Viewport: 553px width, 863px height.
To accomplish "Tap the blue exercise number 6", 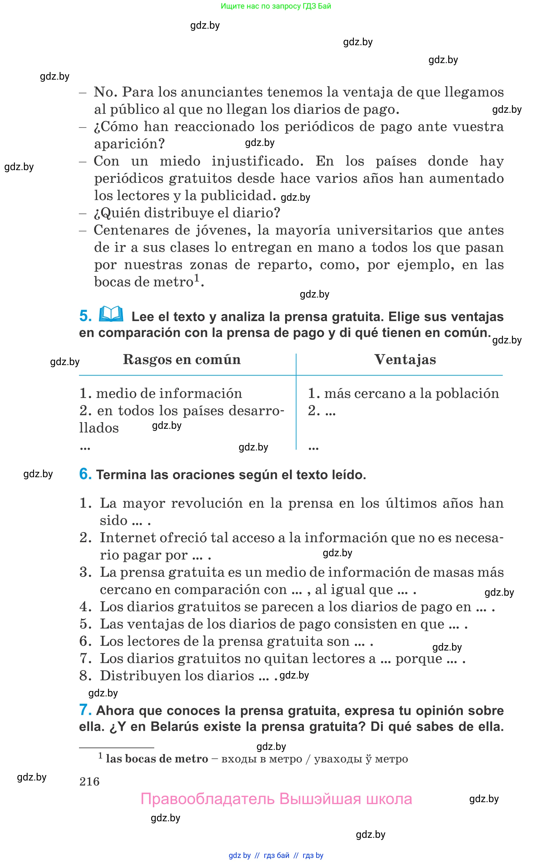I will tap(85, 474).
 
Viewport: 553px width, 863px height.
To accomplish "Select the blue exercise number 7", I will tap(85, 710).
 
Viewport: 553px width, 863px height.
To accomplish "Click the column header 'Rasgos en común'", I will tap(182, 359).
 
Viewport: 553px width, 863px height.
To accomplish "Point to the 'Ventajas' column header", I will tap(405, 359).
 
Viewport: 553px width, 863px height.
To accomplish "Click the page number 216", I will tap(90, 781).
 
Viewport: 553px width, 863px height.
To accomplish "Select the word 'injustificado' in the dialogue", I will tap(257, 161).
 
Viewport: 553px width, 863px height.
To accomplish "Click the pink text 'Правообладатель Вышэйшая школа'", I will tap(276, 799).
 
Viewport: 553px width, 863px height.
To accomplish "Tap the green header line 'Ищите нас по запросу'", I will tap(276, 6).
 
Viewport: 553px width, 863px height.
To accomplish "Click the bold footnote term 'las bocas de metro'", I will tap(157, 759).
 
